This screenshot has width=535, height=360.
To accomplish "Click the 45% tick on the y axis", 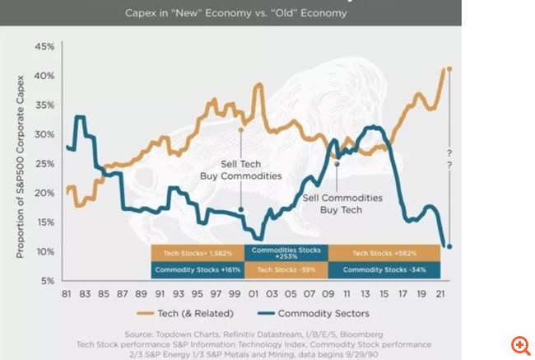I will point(44,46).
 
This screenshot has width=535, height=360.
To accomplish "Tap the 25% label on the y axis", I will point(44,163).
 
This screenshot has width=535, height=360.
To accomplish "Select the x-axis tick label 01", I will point(249,294).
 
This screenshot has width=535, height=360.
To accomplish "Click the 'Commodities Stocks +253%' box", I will point(286,253).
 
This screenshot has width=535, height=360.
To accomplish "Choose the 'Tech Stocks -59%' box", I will point(286,269).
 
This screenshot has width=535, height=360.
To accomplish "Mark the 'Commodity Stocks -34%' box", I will point(384,269).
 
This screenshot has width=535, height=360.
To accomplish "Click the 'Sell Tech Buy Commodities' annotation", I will point(241,171).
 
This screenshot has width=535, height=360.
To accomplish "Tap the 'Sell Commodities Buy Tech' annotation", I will point(342,203).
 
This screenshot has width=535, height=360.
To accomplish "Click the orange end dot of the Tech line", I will point(449,69).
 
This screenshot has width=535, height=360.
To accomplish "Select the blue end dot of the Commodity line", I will point(449,245).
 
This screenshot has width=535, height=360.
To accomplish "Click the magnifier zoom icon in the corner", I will point(520,345).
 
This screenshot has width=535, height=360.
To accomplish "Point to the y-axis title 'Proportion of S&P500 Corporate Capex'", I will point(21,165).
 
